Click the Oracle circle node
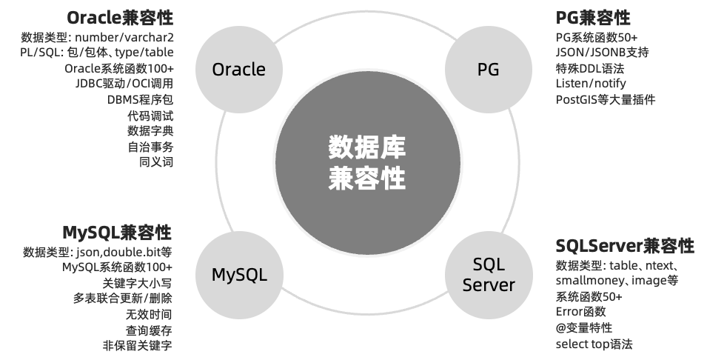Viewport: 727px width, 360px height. (x=238, y=70)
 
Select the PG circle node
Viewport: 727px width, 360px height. (x=488, y=70)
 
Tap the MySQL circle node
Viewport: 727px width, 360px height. (x=238, y=276)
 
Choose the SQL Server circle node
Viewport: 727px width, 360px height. (x=488, y=275)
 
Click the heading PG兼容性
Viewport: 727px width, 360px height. (x=593, y=18)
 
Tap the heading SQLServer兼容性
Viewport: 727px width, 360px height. (x=625, y=246)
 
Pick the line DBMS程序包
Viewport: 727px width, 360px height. (x=140, y=100)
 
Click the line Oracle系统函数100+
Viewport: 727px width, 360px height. (x=118, y=68)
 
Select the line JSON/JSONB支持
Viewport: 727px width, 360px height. (x=602, y=53)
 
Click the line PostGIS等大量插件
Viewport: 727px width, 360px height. (x=605, y=100)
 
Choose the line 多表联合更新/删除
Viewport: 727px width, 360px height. (x=122, y=299)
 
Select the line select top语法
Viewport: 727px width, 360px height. (x=594, y=344)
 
